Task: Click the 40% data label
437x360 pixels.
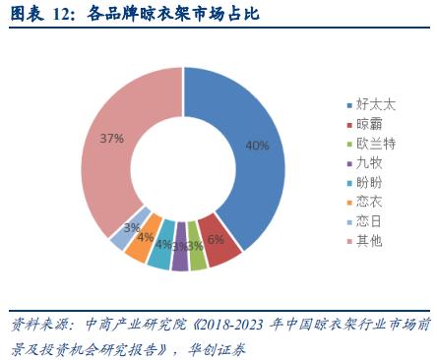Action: coord(257,146)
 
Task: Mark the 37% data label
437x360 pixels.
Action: coord(111,139)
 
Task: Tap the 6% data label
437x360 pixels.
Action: coord(217,239)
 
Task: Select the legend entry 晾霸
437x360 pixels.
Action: coord(369,124)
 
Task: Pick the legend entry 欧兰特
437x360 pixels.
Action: coord(375,144)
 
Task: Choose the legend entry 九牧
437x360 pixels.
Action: coord(369,163)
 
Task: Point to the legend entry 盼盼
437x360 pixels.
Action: coord(369,183)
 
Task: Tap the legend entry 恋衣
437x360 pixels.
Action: coord(369,203)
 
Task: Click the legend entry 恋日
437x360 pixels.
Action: coord(369,221)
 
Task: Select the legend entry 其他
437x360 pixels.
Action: coord(369,241)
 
